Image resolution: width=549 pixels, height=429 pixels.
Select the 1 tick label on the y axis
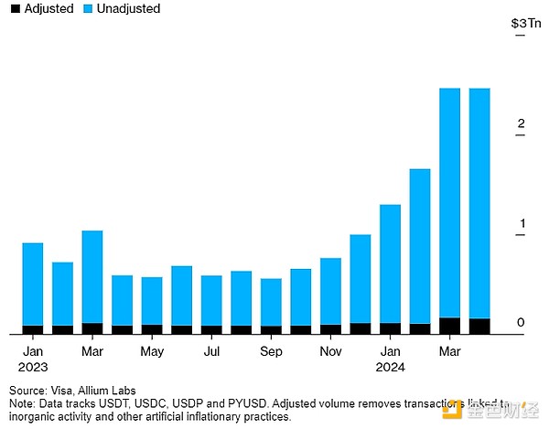point(520,224)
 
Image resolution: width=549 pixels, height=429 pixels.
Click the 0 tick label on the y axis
point(520,323)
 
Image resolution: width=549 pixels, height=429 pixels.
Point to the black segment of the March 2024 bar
point(449,326)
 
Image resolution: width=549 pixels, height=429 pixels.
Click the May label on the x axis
point(152,351)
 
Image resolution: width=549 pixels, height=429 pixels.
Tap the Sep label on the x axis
point(271,351)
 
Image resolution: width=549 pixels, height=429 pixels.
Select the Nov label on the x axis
point(330,351)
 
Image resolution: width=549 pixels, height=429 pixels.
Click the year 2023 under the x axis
point(33,367)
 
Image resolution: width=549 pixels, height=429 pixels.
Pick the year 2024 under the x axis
point(390,367)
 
